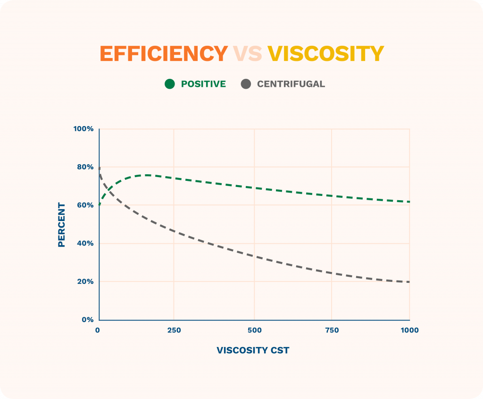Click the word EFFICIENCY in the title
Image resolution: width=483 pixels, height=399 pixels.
[x=163, y=54]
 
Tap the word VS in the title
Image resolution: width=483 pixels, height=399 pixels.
[x=247, y=54]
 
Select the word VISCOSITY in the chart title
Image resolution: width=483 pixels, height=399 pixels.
[x=325, y=54]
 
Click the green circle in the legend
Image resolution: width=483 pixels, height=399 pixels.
[x=170, y=84]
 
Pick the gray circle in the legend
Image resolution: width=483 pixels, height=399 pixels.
[x=246, y=84]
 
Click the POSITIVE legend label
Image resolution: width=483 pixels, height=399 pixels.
[x=203, y=84]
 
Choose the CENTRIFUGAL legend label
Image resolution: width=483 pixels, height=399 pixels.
[x=291, y=84]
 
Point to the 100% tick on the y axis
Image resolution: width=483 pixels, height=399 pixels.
[x=83, y=129]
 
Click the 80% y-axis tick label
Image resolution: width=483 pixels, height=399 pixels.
[x=85, y=167]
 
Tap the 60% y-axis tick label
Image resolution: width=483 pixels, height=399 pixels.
[x=85, y=205]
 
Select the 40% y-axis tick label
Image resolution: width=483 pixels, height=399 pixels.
[x=85, y=244]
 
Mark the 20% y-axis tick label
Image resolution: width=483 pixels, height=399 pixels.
[x=85, y=282]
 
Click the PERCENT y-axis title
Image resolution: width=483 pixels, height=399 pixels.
[x=61, y=225]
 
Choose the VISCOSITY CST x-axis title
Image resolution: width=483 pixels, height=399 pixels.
[x=253, y=350]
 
